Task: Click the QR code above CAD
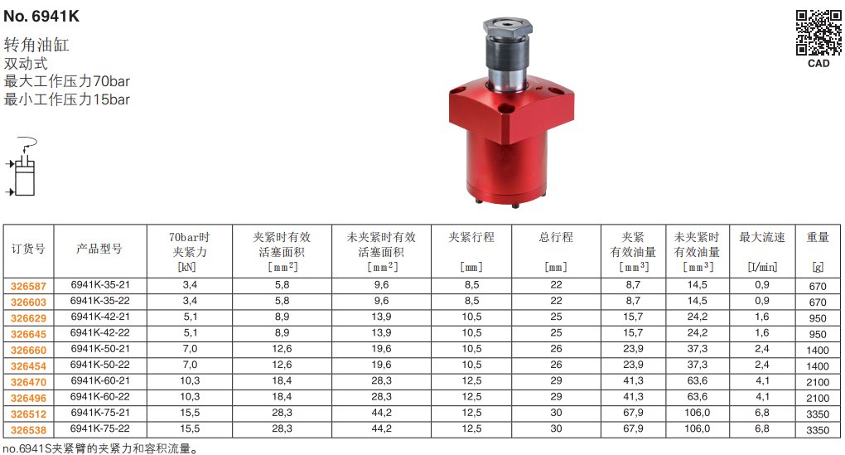(x=818, y=33)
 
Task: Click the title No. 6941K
(x=41, y=17)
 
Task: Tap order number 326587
(x=28, y=286)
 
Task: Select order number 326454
(x=28, y=366)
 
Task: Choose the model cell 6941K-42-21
(x=100, y=317)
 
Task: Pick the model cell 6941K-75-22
(x=100, y=428)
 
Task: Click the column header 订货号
(x=28, y=249)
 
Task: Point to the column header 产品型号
(x=99, y=249)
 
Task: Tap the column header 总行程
(x=556, y=237)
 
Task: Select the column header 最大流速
(x=762, y=237)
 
